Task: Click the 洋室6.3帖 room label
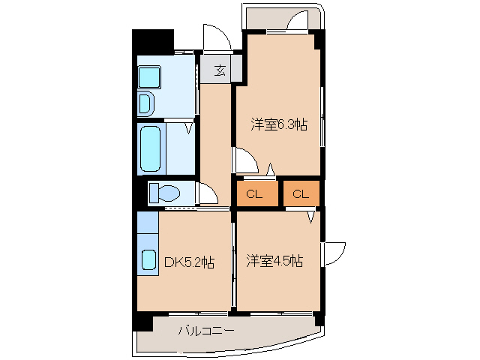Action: click(278, 125)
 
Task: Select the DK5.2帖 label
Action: click(189, 262)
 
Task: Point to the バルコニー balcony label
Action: click(206, 330)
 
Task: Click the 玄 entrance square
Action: click(220, 70)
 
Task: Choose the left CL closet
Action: click(254, 194)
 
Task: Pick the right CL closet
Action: click(301, 194)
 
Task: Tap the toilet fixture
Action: click(163, 193)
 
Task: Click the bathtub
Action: click(151, 148)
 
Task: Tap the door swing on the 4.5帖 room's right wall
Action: click(334, 253)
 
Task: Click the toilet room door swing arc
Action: click(207, 196)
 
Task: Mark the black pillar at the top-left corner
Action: click(152, 40)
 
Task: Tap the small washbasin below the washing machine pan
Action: click(146, 101)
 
